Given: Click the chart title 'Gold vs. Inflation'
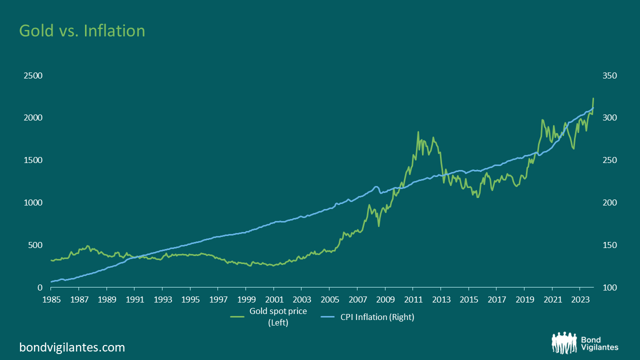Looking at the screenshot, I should pyautogui.click(x=82, y=31).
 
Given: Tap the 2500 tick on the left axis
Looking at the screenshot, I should pyautogui.click(x=33, y=75).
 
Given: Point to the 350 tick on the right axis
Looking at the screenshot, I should pyautogui.click(x=609, y=75).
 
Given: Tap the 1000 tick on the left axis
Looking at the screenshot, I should pyautogui.click(x=33, y=202).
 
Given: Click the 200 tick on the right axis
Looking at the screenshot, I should pyautogui.click(x=609, y=202).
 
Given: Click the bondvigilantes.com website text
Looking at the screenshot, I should pyautogui.click(x=72, y=347).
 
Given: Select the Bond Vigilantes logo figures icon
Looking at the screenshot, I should pyautogui.click(x=564, y=342).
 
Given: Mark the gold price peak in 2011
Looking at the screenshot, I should pyautogui.click(x=418, y=132).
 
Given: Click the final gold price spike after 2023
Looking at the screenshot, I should pyautogui.click(x=593, y=98).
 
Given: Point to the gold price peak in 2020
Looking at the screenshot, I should pyautogui.click(x=542, y=120).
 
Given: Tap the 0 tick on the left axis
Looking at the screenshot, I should pyautogui.click(x=39, y=287).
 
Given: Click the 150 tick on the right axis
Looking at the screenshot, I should pyautogui.click(x=609, y=245).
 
